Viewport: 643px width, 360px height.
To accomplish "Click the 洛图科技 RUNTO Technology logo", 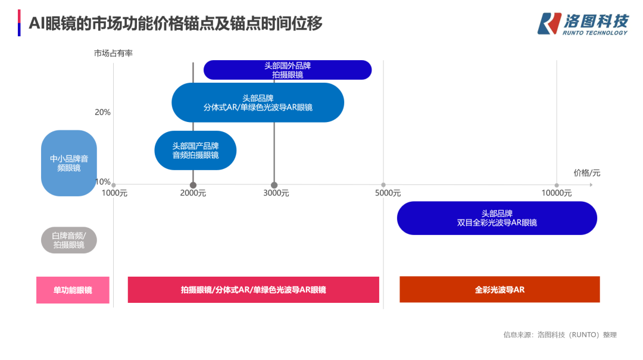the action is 583,24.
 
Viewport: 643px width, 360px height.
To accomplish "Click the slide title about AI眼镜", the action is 176,23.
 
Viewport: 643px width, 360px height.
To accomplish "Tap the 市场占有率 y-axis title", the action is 113,54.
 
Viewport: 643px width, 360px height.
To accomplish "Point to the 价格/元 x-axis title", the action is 587,173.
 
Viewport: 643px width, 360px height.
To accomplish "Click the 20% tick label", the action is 102,112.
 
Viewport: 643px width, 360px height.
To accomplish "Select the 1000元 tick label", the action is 114,193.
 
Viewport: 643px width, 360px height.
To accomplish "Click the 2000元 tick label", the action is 193,193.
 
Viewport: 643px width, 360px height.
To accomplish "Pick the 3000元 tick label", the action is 276,193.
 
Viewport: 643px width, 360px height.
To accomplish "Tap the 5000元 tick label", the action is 388,193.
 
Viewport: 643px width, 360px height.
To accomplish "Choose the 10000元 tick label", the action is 557,193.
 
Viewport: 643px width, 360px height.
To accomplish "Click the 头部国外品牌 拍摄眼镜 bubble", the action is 288,70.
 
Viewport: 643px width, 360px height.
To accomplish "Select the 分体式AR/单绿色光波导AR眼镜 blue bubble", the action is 258,102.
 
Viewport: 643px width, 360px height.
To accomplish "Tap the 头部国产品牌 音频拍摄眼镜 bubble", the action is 195,151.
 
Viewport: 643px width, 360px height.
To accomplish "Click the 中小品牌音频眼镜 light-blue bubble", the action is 69,163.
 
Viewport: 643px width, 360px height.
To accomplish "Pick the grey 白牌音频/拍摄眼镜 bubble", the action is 69,240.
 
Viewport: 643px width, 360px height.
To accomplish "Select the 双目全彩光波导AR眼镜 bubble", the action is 497,218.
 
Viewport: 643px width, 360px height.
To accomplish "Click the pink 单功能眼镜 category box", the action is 73,290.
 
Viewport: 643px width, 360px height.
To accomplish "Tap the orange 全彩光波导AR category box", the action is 500,289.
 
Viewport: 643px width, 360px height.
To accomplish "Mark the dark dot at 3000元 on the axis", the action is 274,185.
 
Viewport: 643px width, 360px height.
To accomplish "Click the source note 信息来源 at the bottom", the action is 560,335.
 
